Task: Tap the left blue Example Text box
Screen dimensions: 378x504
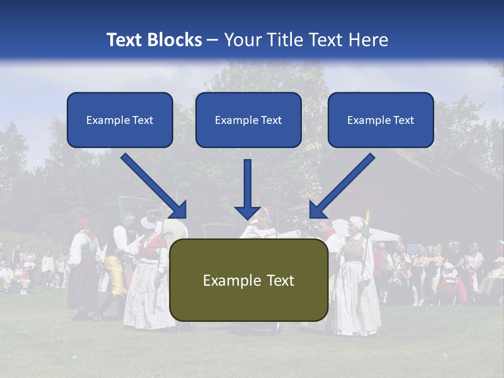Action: [x=120, y=120]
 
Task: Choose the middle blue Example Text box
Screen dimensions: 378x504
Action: [x=248, y=120]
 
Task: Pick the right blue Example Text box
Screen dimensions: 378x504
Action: [x=381, y=120]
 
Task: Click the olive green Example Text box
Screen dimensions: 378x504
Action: [x=248, y=280]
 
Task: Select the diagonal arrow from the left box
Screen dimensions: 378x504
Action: [x=152, y=184]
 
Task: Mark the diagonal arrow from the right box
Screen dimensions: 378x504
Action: [x=344, y=184]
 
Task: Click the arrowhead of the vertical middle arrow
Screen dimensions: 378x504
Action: [x=247, y=213]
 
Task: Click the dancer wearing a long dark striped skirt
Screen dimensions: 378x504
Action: [x=82, y=278]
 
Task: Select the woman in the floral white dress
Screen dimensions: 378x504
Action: [x=149, y=283]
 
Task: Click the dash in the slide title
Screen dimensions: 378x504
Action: [x=213, y=40]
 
